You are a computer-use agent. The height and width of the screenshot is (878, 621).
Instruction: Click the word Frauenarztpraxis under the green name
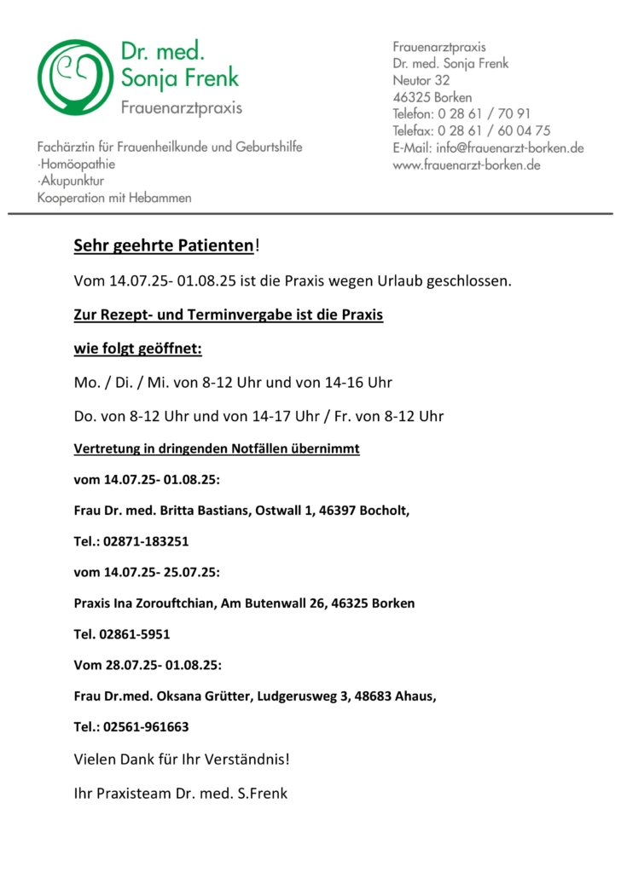[181, 108]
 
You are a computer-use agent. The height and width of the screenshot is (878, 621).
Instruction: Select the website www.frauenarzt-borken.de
[467, 165]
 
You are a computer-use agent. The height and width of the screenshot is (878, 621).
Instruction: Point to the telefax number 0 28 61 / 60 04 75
[494, 130]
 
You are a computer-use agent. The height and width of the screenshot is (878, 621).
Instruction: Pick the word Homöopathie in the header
[78, 164]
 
